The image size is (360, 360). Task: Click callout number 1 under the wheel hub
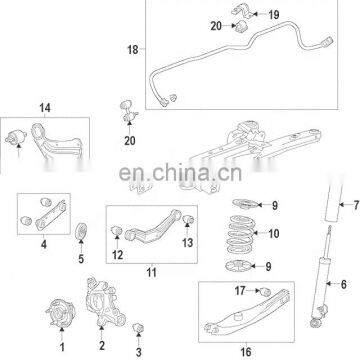click(61, 347)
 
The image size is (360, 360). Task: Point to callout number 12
click(118, 254)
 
